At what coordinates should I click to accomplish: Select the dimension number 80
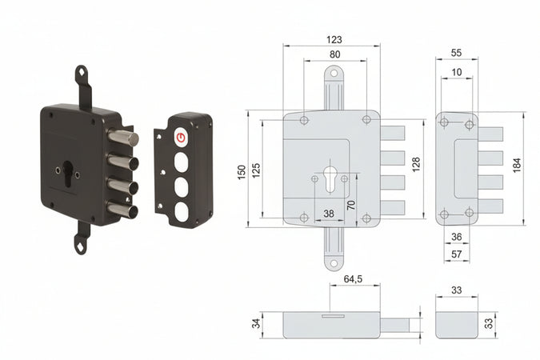tap(334, 54)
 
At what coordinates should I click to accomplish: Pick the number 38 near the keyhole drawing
tap(328, 214)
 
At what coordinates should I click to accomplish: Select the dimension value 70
tap(351, 205)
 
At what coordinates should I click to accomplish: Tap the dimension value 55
tap(456, 52)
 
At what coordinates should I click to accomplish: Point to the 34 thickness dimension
tap(255, 324)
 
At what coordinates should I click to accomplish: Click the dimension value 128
tap(415, 164)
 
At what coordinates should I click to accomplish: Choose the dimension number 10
tap(456, 72)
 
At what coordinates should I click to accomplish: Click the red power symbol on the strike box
tap(181, 138)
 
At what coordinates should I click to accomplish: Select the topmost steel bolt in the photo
tap(124, 139)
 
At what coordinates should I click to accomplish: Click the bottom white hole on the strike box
tap(181, 211)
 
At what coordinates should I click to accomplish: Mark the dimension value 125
tap(257, 170)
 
